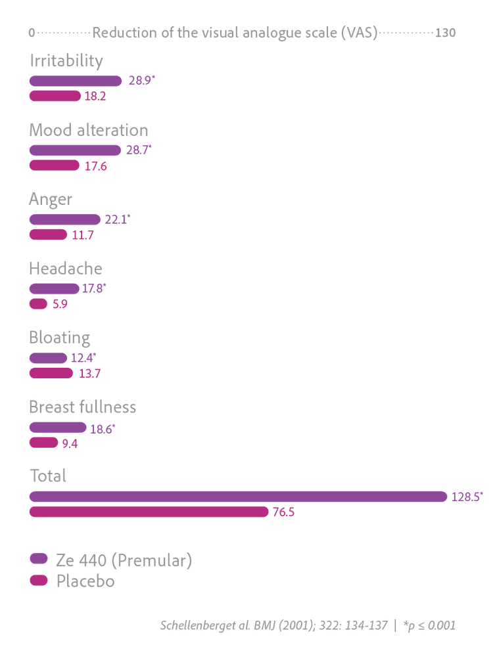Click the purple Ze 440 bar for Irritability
point(76,81)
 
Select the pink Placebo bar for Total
point(149,512)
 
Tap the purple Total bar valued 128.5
point(238,497)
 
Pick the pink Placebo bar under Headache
point(38,303)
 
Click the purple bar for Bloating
point(48,358)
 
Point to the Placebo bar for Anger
point(48,234)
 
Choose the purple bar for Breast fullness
point(58,428)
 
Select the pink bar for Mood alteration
point(55,165)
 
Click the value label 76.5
point(283,512)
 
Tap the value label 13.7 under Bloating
point(89,374)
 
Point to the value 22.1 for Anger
point(116,219)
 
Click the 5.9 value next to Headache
point(60,304)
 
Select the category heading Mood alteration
point(89,130)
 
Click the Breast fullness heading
point(82,407)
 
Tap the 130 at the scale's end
point(445,33)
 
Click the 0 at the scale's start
point(32,33)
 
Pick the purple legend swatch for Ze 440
point(39,558)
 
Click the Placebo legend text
point(85,581)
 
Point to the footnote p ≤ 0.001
point(429,625)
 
